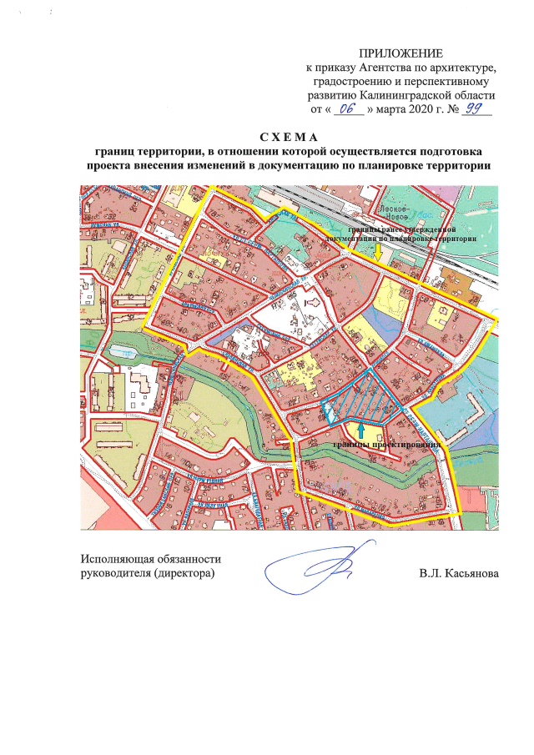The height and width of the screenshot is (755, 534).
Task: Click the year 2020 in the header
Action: point(422,109)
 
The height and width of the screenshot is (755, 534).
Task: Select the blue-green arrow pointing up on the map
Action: point(360,429)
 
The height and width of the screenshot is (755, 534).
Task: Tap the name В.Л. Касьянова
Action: point(459,575)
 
